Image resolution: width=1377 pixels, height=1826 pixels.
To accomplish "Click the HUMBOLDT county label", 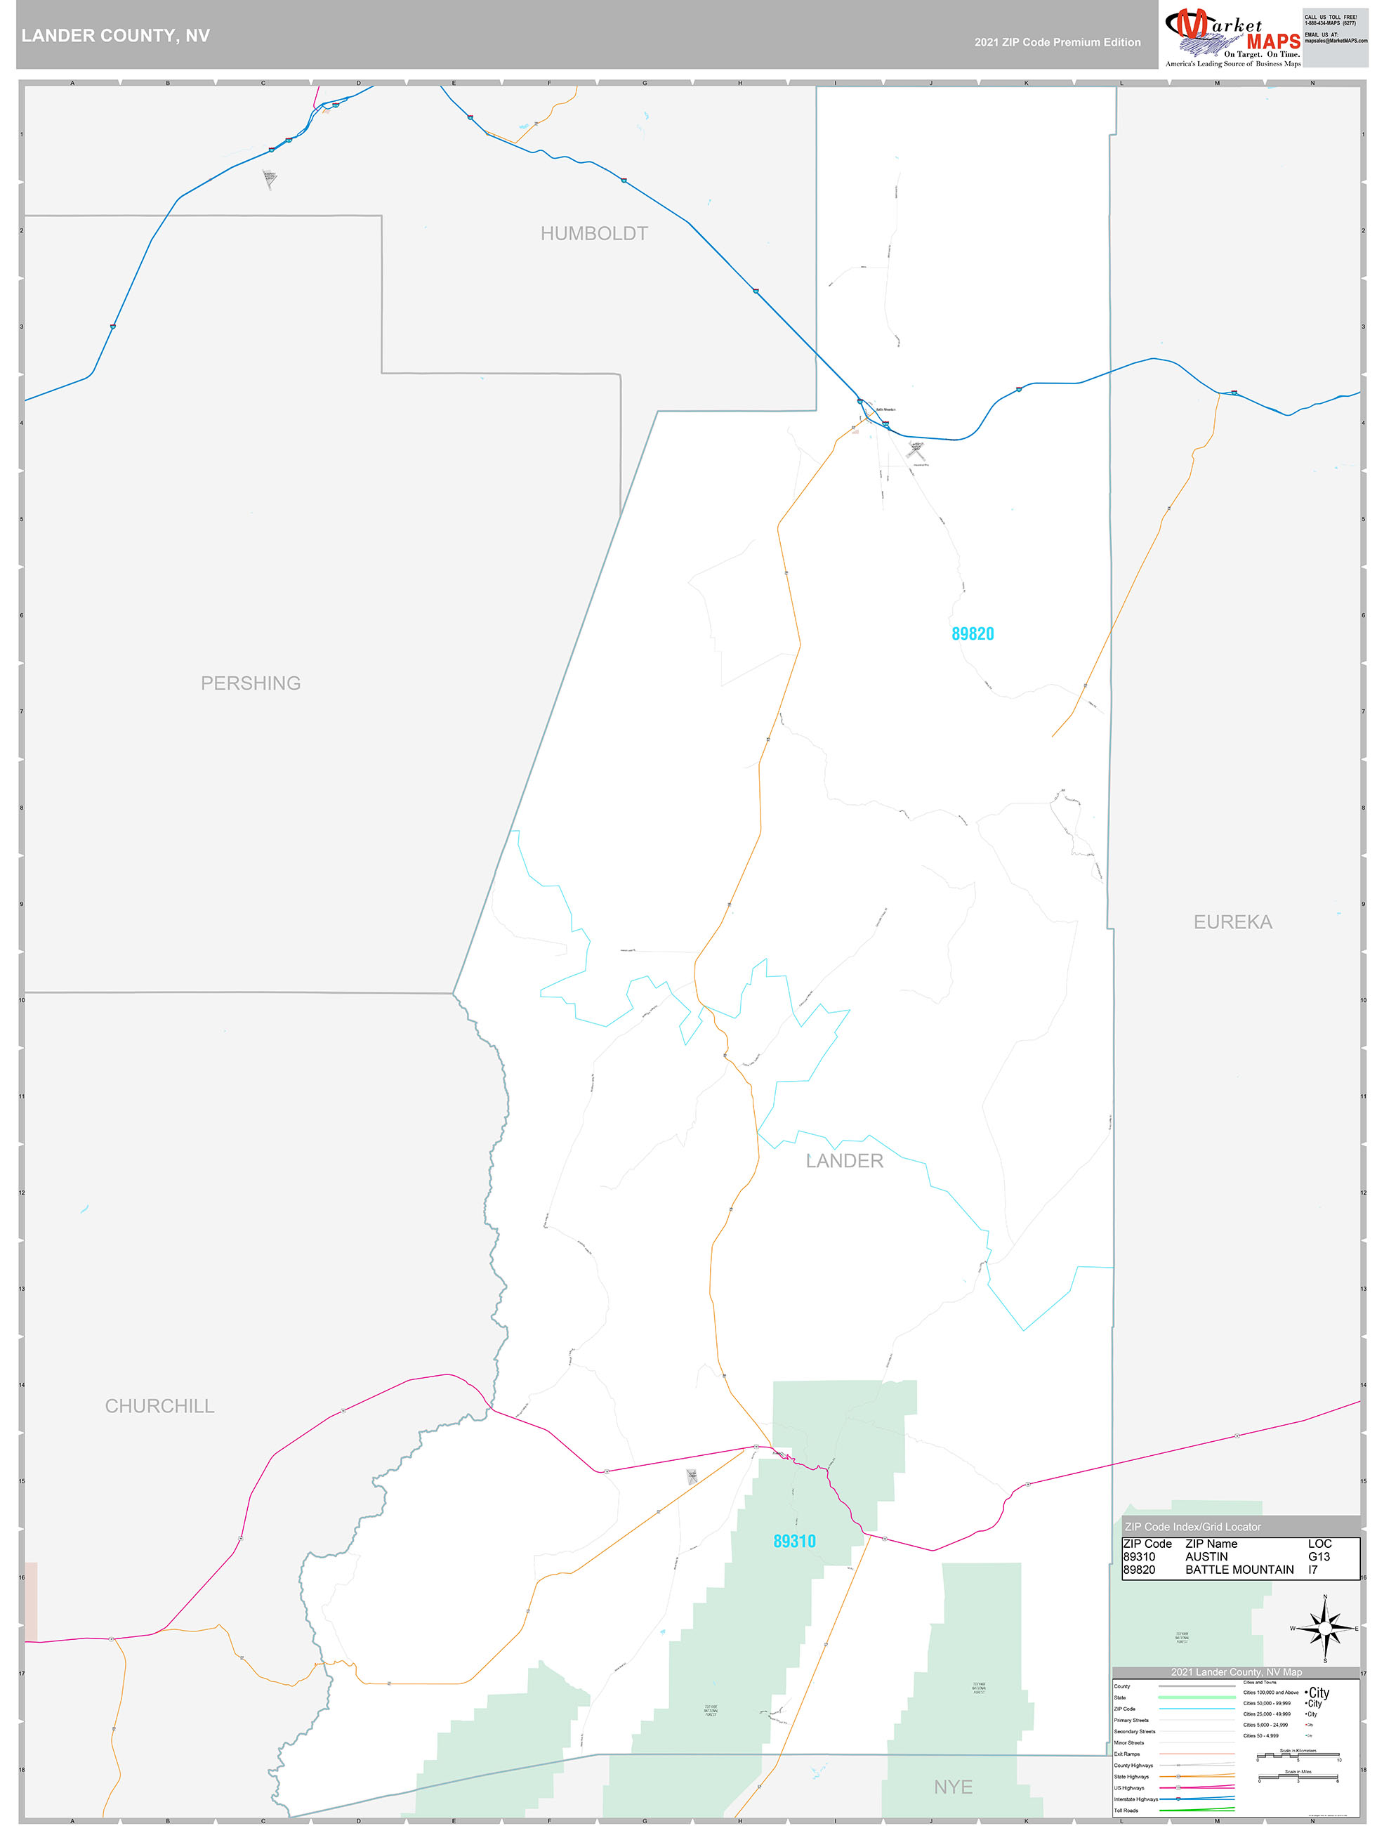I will tap(593, 234).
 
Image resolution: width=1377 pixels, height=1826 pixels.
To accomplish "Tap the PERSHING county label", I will tap(250, 683).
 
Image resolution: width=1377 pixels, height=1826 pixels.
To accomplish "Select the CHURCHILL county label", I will tap(159, 1406).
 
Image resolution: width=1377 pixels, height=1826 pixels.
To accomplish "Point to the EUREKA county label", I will tap(1232, 922).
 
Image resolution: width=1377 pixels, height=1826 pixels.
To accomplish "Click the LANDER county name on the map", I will tap(844, 1161).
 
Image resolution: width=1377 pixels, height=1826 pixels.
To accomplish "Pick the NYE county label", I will tap(953, 1787).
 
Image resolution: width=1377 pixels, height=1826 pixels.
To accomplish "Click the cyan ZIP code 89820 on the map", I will tap(973, 634).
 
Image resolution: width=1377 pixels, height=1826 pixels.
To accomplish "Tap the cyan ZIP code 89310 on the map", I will tap(794, 1541).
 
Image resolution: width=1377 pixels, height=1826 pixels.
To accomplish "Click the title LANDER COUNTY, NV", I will tap(116, 36).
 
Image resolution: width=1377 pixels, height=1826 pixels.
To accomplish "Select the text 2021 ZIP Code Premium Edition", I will tap(1057, 42).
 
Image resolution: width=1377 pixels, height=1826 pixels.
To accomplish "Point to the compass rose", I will tap(1324, 1629).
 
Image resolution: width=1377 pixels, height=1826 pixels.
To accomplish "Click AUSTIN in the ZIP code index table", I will tap(1206, 1556).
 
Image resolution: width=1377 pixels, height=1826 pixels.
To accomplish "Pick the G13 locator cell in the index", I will tap(1319, 1556).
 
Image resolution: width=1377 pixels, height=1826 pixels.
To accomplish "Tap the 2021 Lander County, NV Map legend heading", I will tap(1236, 1671).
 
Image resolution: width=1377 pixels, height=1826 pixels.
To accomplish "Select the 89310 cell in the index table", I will tap(1138, 1556).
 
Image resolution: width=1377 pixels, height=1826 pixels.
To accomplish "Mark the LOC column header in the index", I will tap(1319, 1543).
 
